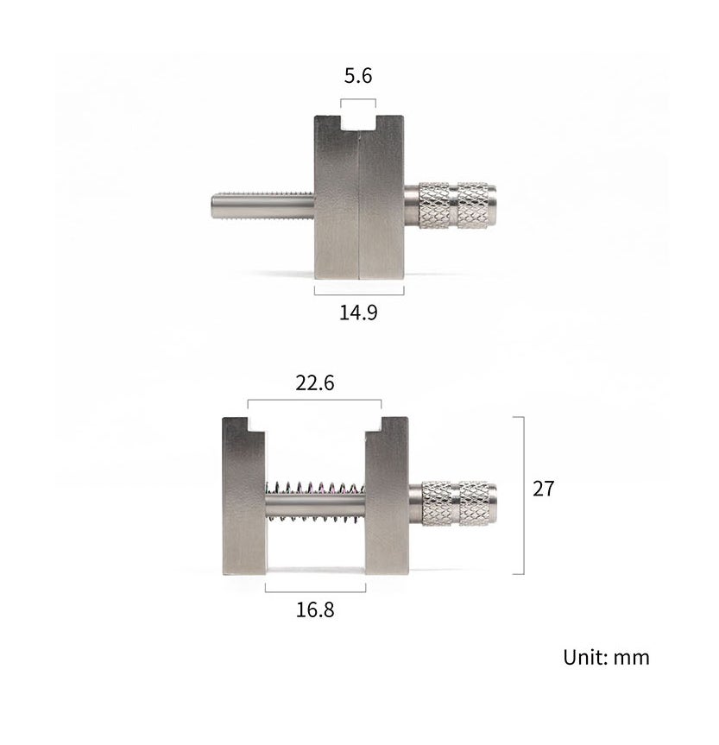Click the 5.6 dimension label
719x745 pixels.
click(357, 76)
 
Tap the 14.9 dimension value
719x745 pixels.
click(358, 312)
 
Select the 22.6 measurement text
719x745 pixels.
click(314, 383)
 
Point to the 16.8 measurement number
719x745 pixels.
click(315, 609)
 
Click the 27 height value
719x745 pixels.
click(543, 489)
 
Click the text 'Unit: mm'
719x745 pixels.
click(606, 657)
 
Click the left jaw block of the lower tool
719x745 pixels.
click(243, 496)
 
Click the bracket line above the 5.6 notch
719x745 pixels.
click(358, 99)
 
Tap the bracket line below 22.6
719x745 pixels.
click(314, 401)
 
